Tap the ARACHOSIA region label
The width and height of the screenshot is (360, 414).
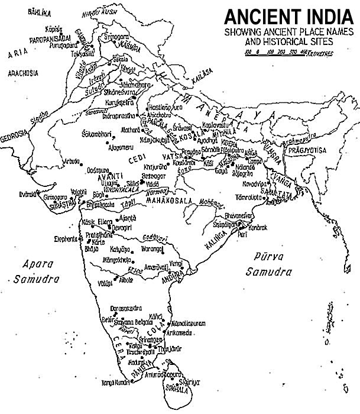click(23, 73)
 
